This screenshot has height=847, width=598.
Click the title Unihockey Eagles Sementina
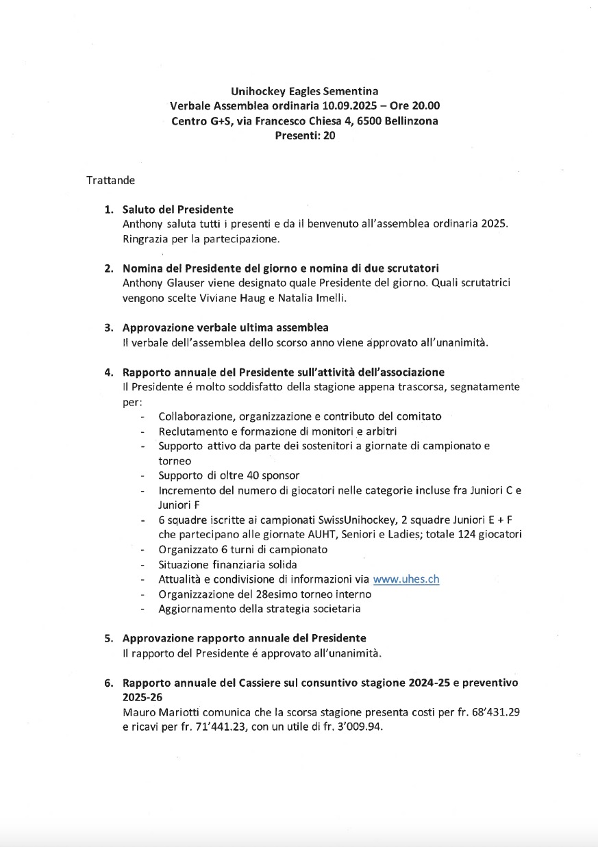(x=304, y=90)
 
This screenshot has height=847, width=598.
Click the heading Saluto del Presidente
(x=177, y=210)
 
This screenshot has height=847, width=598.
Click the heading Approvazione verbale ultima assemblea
(x=229, y=327)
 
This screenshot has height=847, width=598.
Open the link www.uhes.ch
(x=406, y=579)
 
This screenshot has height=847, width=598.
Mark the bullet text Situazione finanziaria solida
(x=227, y=564)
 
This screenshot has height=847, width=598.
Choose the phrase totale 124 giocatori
(x=487, y=534)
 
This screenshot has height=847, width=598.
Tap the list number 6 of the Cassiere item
(x=108, y=683)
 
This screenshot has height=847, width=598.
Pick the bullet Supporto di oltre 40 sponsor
(x=229, y=475)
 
